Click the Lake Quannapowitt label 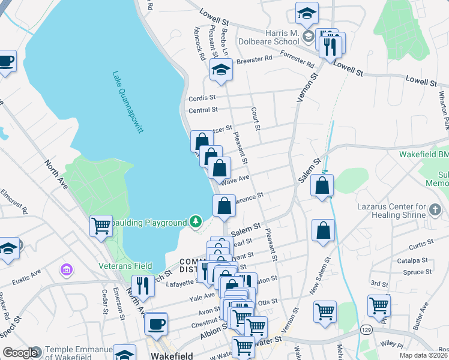[x=128, y=103]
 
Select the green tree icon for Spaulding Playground [x=195, y=223]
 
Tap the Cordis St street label [x=202, y=98]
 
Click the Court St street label [x=256, y=119]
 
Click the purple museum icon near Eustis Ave [x=65, y=270]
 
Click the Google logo [x=20, y=353]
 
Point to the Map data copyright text [x=424, y=355]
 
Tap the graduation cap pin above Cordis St [x=221, y=70]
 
